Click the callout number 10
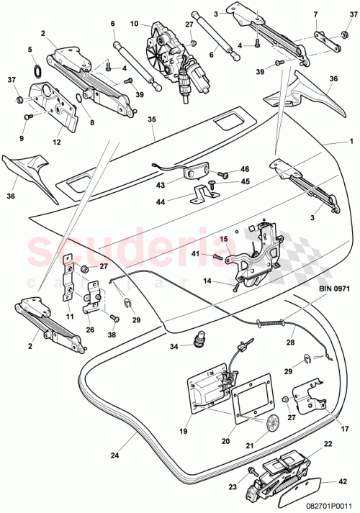134,24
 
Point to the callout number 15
223,238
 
